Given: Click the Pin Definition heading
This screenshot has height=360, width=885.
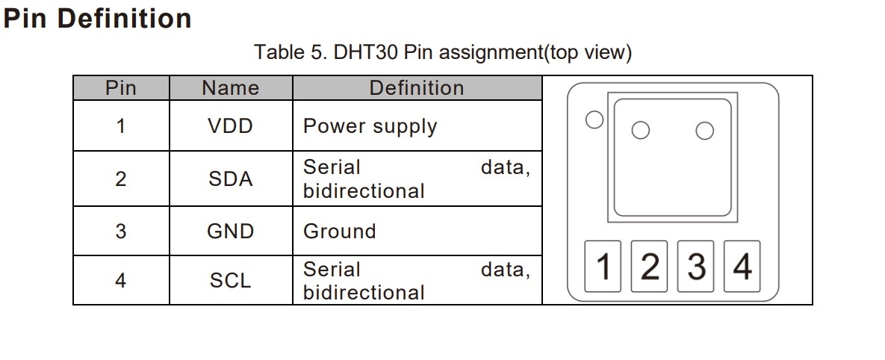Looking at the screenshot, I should pyautogui.click(x=97, y=19).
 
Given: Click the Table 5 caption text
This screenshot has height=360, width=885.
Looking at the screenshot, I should pyautogui.click(x=442, y=52).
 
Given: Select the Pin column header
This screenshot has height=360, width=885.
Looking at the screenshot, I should pyautogui.click(x=121, y=88).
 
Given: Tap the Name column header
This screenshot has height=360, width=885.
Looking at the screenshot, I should pyautogui.click(x=230, y=88).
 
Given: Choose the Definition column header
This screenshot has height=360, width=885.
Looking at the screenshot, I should pyautogui.click(x=416, y=88).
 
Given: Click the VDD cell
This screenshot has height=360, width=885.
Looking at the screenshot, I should pyautogui.click(x=230, y=126).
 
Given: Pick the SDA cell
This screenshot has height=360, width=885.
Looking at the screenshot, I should pyautogui.click(x=230, y=179).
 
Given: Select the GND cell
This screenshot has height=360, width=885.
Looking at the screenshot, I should pyautogui.click(x=230, y=232).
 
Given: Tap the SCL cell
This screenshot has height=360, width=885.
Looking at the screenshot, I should pyautogui.click(x=230, y=281).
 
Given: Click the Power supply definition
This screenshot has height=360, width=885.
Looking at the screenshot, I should pyautogui.click(x=370, y=126).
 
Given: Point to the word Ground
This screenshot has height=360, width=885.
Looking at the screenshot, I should pyautogui.click(x=339, y=232).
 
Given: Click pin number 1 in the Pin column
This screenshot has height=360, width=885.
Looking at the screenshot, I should pyautogui.click(x=121, y=126).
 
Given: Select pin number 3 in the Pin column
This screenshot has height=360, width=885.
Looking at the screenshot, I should pyautogui.click(x=121, y=232).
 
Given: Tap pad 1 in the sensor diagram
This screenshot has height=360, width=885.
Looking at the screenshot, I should pyautogui.click(x=605, y=267).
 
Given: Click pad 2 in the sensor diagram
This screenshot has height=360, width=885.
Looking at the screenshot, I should pyautogui.click(x=650, y=267).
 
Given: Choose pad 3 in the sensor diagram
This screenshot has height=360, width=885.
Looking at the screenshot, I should pyautogui.click(x=696, y=267).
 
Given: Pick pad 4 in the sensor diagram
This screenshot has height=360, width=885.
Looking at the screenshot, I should pyautogui.click(x=742, y=267).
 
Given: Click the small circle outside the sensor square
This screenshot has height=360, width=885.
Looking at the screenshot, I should pyautogui.click(x=594, y=120).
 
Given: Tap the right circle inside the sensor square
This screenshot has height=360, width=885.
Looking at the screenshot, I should pyautogui.click(x=704, y=131).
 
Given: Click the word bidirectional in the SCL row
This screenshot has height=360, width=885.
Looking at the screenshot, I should pyautogui.click(x=364, y=293).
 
